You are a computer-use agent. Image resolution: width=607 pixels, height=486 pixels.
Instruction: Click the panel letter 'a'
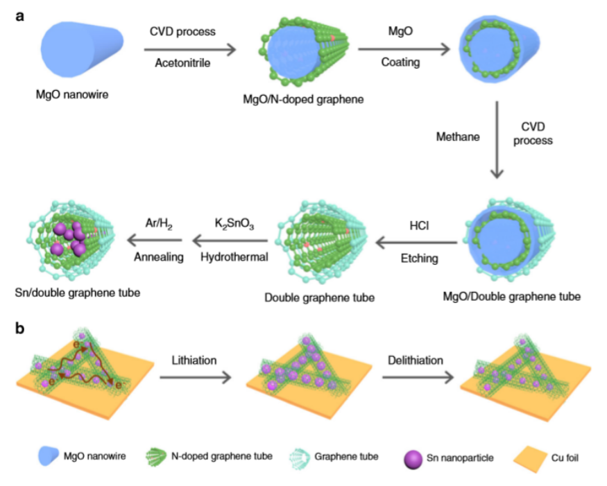click(22, 17)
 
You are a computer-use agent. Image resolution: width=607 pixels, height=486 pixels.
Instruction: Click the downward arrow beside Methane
click(497, 139)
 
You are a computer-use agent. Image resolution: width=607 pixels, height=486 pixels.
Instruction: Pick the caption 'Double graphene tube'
click(319, 298)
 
